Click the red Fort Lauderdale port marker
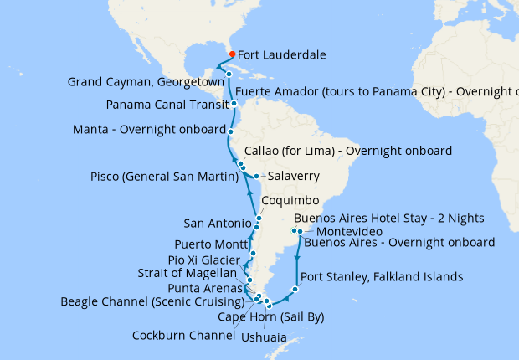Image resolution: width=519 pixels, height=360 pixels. tap(232, 54)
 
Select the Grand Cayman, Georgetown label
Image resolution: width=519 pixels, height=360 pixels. tap(145, 82)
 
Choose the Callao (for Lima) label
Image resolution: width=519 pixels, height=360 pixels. tap(347, 152)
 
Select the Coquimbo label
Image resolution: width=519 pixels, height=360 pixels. tap(290, 202)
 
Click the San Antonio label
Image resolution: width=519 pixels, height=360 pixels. tap(217, 223)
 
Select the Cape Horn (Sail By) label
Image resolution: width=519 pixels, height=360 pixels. tap(270, 317)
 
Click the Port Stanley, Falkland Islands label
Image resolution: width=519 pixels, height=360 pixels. tap(381, 277)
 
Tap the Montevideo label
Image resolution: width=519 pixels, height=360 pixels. tap(350, 231)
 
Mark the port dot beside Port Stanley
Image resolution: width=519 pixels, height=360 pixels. tap(295, 291)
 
